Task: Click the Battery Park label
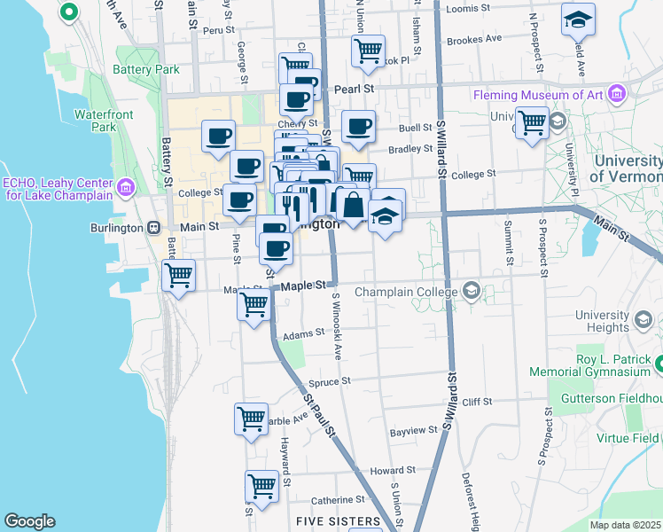[x=146, y=69]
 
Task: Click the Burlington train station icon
[x=153, y=228]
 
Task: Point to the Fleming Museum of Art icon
[x=617, y=94]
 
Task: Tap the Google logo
[x=29, y=521]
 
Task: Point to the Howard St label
[x=393, y=471]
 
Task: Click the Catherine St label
[x=332, y=500]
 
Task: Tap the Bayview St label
[x=414, y=431]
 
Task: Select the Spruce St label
[x=330, y=382]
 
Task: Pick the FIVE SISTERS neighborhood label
[x=338, y=521]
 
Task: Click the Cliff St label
[x=477, y=402]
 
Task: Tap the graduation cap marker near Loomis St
[x=579, y=20]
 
